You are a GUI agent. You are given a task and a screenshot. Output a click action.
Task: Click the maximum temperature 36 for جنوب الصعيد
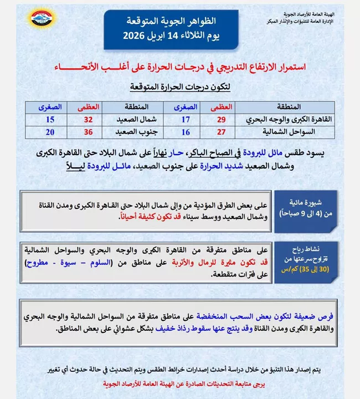86,131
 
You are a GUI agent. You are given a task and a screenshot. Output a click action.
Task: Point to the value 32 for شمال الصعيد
86,119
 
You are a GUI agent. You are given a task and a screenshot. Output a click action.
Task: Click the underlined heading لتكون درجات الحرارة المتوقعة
180,87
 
